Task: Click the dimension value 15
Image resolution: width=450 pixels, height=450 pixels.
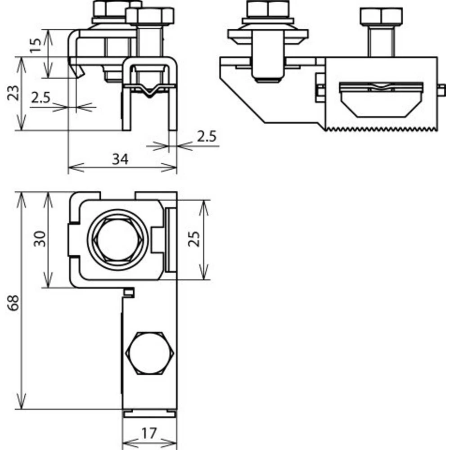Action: [37, 43]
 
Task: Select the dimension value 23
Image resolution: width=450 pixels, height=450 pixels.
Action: [13, 93]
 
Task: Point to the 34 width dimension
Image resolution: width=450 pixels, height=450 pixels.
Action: [121, 159]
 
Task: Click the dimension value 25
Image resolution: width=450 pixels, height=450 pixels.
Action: [193, 240]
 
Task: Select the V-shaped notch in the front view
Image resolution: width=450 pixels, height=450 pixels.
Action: [150, 92]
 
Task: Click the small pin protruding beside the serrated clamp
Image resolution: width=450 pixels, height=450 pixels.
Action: [442, 90]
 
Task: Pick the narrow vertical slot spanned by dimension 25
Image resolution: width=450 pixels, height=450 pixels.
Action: [170, 240]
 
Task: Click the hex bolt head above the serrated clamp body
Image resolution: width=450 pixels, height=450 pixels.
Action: [381, 17]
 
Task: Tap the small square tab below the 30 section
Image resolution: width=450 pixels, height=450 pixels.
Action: [129, 293]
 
